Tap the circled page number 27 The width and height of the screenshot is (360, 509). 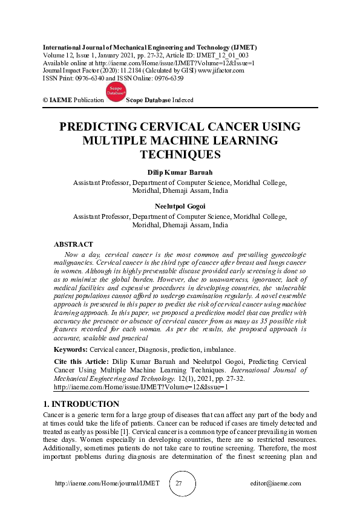pos(179,484)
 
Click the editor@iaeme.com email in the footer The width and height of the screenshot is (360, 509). pos(275,484)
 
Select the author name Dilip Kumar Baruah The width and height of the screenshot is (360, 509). pos(180,172)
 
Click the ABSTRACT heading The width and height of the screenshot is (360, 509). pos(73,244)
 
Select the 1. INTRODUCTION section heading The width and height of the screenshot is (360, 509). pos(81,404)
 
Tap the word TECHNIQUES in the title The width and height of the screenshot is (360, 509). pos(180,155)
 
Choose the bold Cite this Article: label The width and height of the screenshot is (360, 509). pos(82,360)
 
